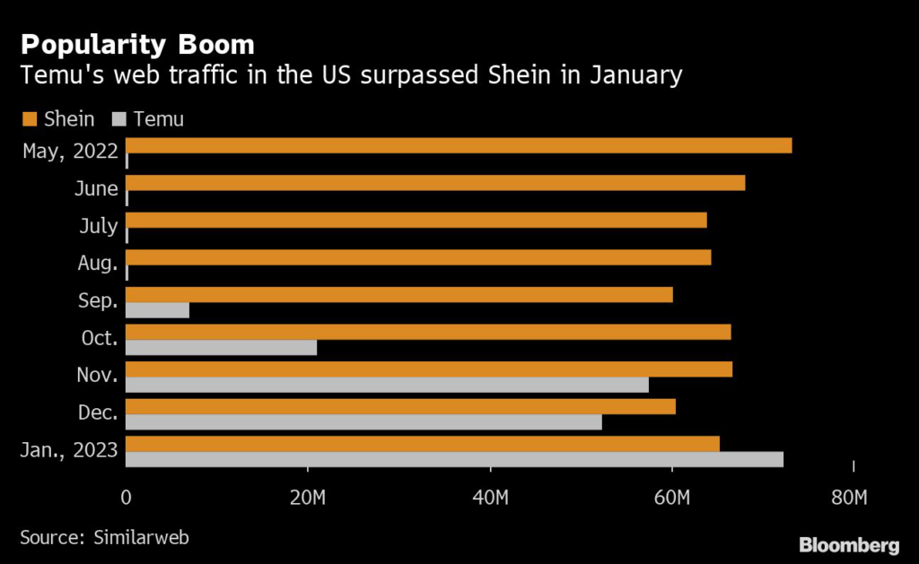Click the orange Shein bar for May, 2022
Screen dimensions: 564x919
coord(458,146)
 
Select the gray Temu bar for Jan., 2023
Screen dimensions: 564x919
coord(454,460)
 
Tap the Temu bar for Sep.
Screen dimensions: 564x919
coord(157,310)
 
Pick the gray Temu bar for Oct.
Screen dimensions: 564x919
coord(221,348)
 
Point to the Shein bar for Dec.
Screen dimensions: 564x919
coord(400,407)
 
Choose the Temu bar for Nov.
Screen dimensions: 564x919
coord(387,386)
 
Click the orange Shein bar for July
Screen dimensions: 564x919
coord(416,221)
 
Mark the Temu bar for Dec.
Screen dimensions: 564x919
coord(363,422)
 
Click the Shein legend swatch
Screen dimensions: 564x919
coord(28,118)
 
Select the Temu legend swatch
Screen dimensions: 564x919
coord(118,118)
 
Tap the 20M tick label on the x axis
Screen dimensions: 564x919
coord(308,498)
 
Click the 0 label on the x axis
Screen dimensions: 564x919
coord(126,498)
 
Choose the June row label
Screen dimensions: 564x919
coord(97,188)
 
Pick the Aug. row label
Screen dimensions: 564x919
coord(97,263)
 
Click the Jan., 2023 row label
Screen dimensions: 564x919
coord(68,450)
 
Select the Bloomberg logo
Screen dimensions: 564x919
coord(849,543)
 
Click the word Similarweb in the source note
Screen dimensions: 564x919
coord(141,537)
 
